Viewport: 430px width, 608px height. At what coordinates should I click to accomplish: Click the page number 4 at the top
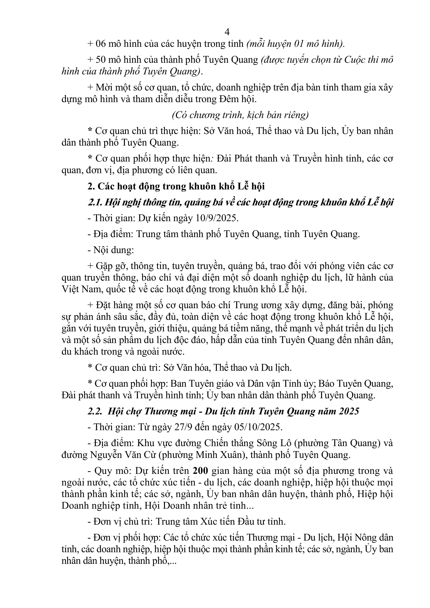tap(227, 32)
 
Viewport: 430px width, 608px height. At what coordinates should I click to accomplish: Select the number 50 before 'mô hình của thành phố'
tap(101, 60)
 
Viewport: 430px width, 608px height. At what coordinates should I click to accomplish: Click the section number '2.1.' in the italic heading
tap(95, 202)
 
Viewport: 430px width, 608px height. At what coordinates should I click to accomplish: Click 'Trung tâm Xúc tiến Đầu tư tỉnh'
tap(221, 522)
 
